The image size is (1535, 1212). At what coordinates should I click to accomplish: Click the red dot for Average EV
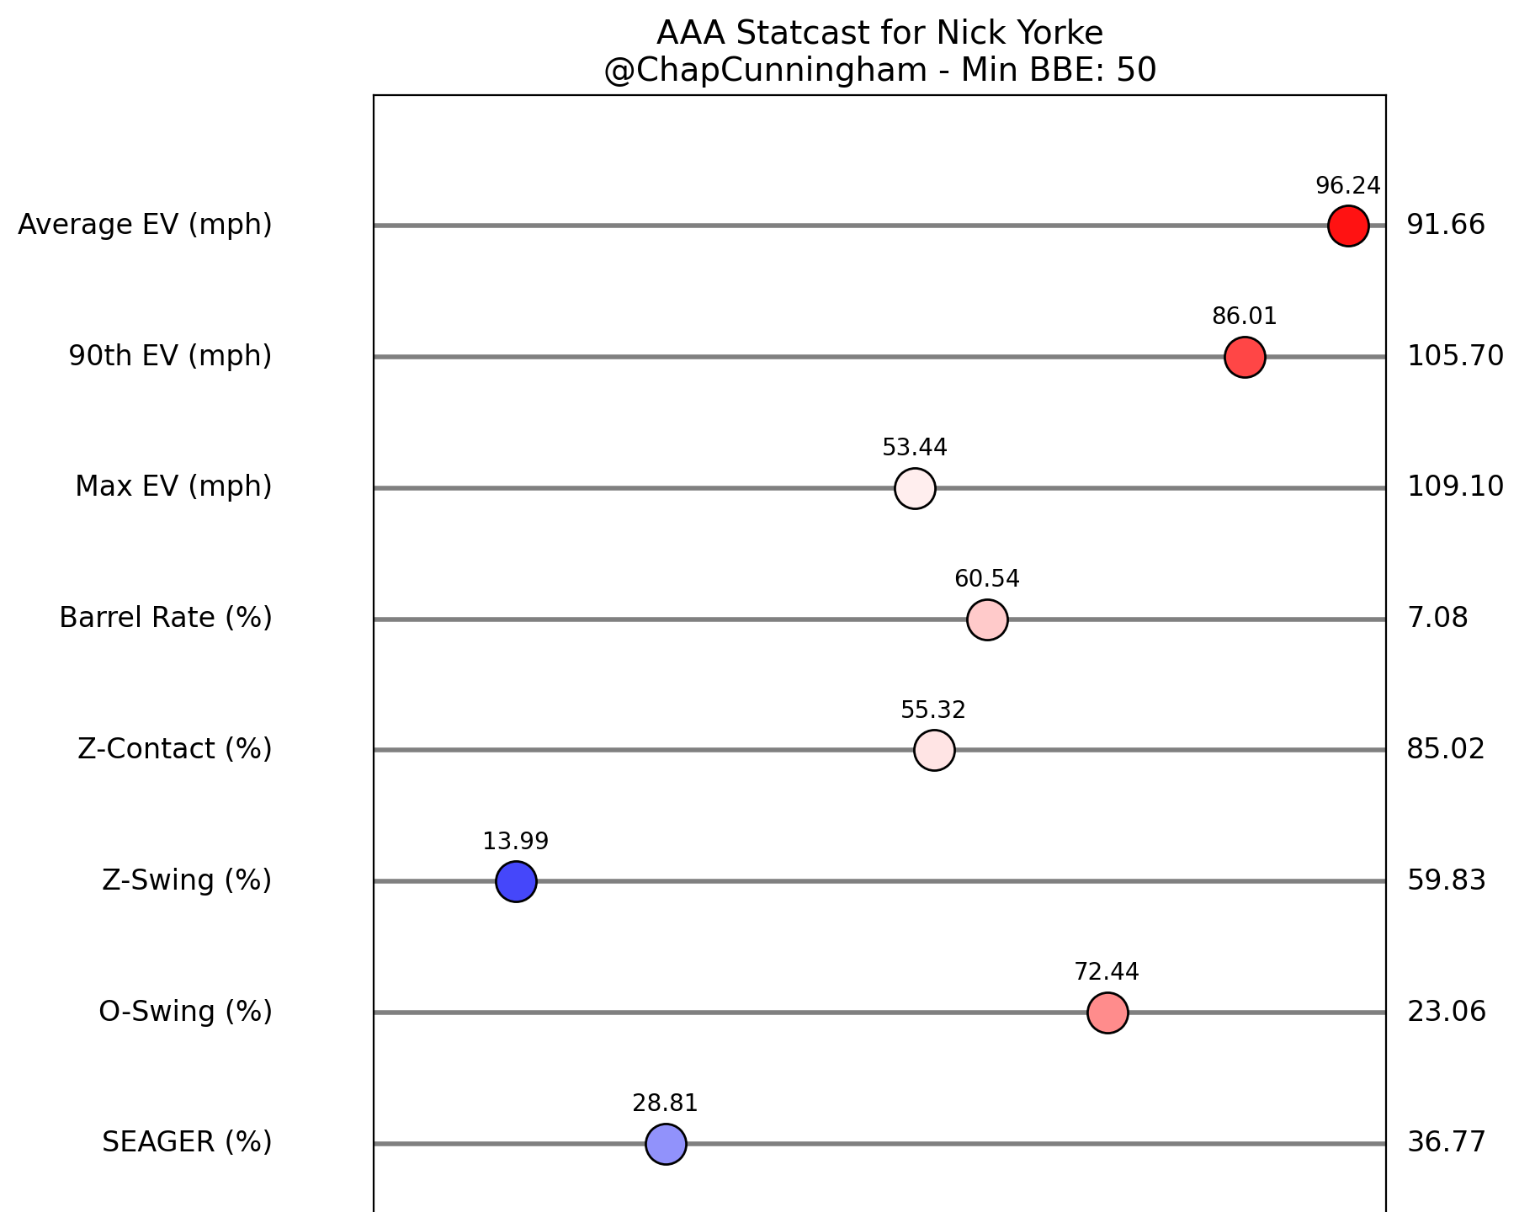pos(1348,226)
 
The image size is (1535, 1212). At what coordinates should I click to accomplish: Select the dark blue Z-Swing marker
pos(516,881)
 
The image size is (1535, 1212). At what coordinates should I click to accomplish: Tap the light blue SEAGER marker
pos(666,1144)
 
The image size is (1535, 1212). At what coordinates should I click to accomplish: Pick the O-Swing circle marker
pos(1107,1013)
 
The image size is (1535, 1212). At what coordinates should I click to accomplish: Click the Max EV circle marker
pos(915,488)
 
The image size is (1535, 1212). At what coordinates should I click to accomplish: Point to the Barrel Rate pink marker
pos(987,619)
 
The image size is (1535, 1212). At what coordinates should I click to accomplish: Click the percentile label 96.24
pos(1348,186)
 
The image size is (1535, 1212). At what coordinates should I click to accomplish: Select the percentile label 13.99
pos(516,841)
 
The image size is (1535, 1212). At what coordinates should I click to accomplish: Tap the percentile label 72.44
pos(1107,972)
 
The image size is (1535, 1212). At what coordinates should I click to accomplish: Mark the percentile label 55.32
pos(933,710)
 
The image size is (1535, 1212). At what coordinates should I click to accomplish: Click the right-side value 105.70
pos(1455,357)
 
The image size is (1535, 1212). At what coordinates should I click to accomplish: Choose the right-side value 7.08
pos(1437,619)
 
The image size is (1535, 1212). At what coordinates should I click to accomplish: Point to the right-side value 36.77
pos(1447,1143)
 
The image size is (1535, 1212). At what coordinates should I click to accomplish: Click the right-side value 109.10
pos(1455,487)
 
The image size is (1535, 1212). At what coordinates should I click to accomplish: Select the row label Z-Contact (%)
pos(175,749)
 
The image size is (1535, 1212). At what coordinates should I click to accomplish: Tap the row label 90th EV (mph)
pos(170,357)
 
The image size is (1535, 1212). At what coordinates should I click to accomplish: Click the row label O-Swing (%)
pos(185,1012)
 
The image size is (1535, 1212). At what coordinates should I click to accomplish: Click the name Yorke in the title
pos(1062,34)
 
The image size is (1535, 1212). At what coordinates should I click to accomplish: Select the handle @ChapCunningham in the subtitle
pos(765,71)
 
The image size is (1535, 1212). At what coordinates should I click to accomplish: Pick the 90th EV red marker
pos(1245,357)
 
